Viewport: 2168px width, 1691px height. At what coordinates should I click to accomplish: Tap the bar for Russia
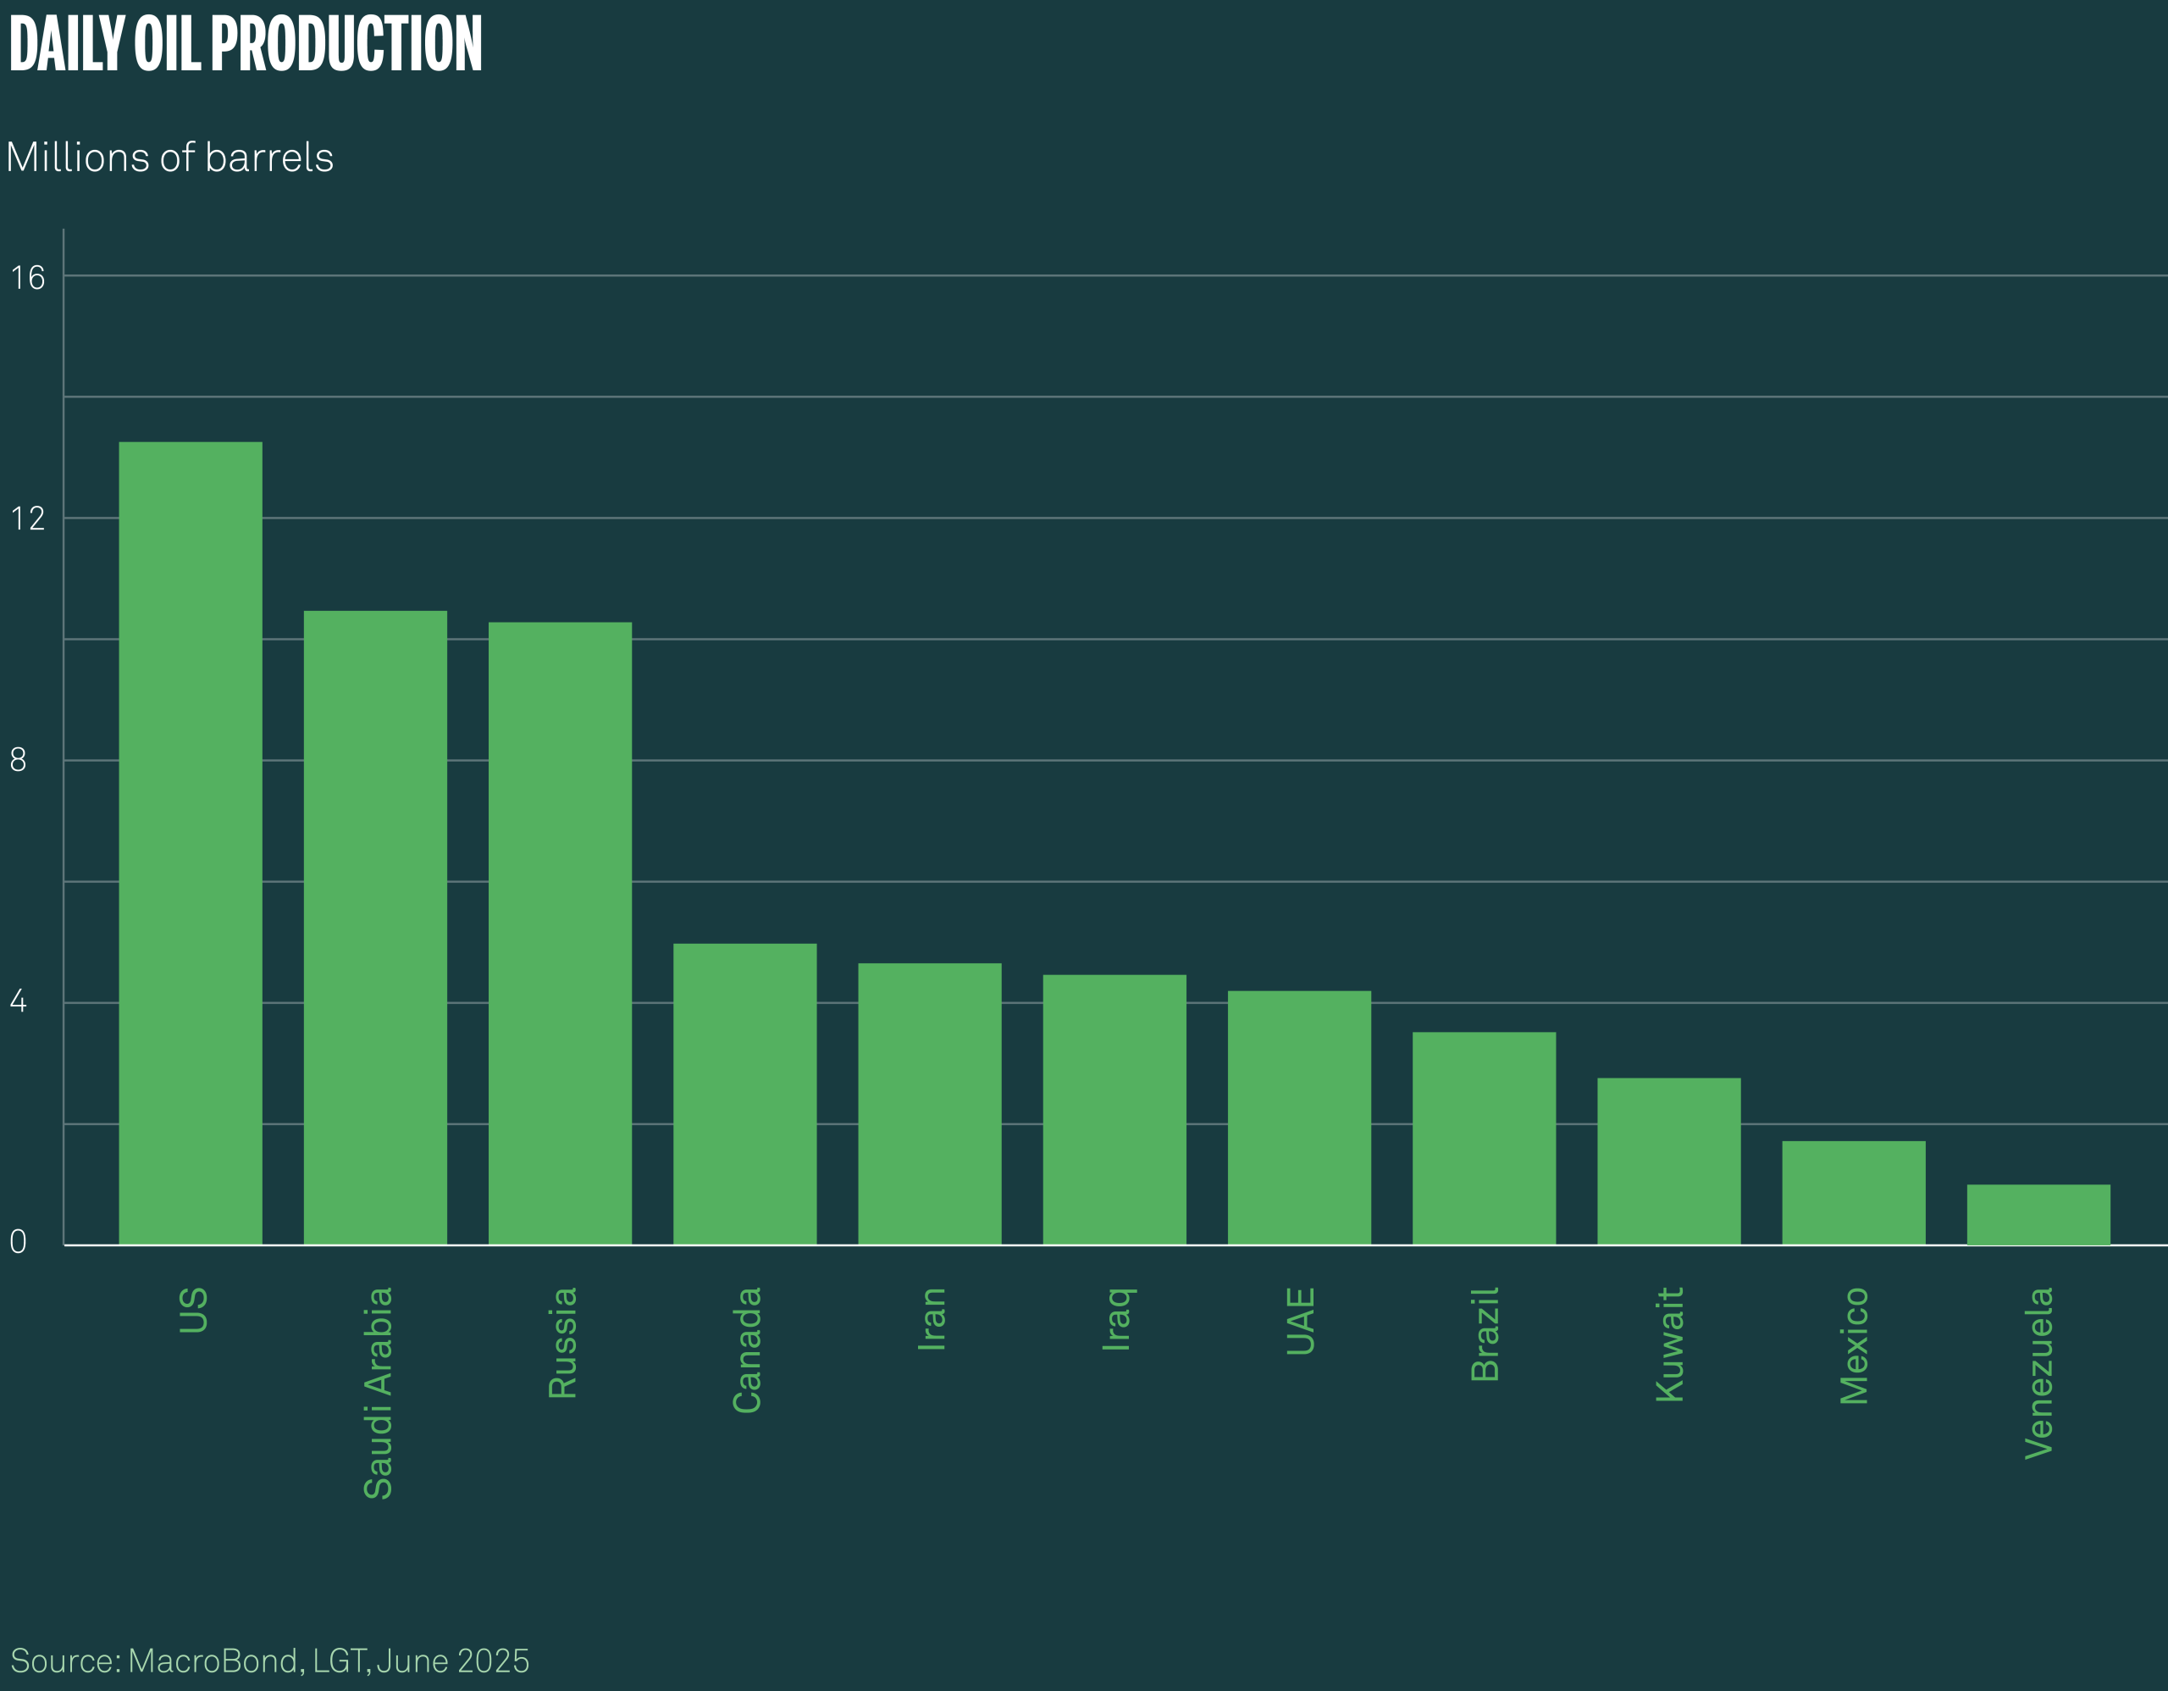click(560, 933)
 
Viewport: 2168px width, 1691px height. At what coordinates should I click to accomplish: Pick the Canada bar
click(744, 1093)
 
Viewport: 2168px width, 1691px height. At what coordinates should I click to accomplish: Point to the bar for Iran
click(929, 1103)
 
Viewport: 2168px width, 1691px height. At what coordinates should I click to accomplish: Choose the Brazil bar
click(1484, 1138)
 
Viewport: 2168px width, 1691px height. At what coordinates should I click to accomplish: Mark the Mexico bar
click(1853, 1193)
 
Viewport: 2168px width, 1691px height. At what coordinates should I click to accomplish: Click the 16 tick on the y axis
click(28, 278)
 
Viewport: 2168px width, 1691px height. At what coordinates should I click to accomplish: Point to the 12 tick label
click(28, 519)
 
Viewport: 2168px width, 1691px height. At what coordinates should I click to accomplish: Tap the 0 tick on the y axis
click(18, 1242)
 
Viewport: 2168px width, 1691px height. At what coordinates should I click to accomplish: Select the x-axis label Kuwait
click(1670, 1344)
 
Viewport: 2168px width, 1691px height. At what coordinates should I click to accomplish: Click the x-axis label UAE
click(1301, 1322)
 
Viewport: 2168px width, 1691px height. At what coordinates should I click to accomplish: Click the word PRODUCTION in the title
click(346, 45)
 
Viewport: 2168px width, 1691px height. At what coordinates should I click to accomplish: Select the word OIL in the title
click(167, 45)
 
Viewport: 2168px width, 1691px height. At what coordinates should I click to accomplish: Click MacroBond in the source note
click(213, 1661)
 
